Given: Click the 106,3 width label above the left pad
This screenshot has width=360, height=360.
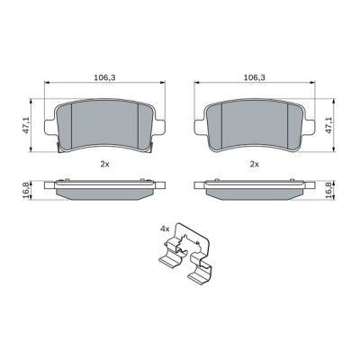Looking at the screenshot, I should (104, 77).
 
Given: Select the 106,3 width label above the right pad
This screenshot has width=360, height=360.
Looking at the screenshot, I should (254, 77).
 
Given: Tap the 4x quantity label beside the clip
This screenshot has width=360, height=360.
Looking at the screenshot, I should (165, 230).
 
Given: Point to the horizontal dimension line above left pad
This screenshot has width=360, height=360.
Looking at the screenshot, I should (72, 86).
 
